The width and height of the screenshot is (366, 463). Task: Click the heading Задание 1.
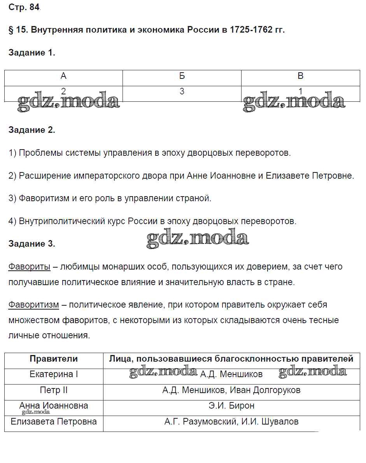tap(32, 53)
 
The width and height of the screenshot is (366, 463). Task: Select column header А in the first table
tap(63, 76)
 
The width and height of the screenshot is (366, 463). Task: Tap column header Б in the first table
tap(182, 76)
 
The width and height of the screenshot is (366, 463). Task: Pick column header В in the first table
tap(300, 76)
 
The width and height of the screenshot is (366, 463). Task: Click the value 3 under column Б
tap(182, 92)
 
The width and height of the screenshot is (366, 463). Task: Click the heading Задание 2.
tap(32, 130)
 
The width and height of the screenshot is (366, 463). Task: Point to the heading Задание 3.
tap(32, 244)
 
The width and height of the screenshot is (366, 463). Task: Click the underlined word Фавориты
tap(29, 267)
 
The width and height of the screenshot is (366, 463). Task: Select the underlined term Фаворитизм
tap(34, 305)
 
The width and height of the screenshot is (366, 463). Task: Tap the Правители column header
tap(54, 359)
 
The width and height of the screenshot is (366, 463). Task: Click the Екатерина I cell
tap(54, 374)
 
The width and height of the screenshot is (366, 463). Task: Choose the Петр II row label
tap(54, 390)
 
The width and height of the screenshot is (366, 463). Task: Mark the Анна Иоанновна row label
tap(54, 406)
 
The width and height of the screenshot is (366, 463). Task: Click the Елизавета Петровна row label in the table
tap(54, 421)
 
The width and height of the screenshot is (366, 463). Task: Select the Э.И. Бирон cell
tap(231, 406)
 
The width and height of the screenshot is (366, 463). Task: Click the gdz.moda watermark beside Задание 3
tap(198, 237)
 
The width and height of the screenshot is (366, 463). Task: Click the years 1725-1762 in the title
tap(251, 30)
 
